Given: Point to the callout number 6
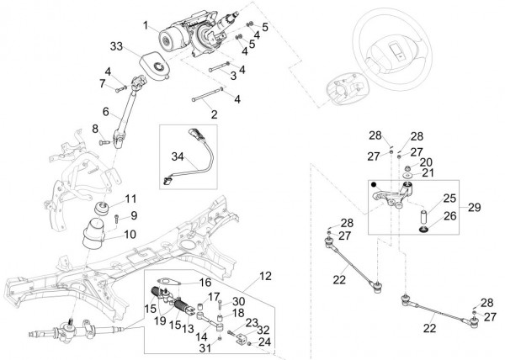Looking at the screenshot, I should click(106, 111).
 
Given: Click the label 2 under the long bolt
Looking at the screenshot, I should click(214, 114).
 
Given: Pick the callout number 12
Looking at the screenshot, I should click(265, 274).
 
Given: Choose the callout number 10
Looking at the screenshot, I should click(130, 236).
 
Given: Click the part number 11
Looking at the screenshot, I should click(130, 199).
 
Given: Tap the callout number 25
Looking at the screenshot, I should click(449, 199).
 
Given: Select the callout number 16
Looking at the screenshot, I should click(205, 283).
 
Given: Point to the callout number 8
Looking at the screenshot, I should click(96, 128).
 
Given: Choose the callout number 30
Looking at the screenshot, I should click(238, 301).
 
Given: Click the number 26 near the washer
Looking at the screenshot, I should click(449, 216).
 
